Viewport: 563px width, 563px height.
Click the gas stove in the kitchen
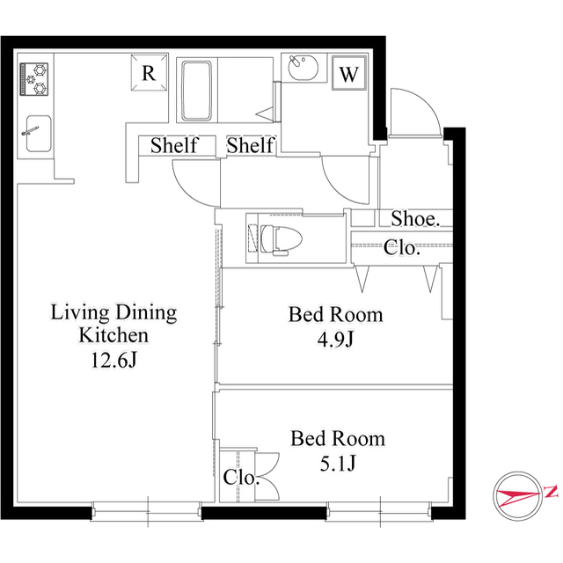pos(34,78)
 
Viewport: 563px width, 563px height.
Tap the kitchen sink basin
pos(39,134)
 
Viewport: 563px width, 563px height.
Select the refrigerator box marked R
pos(149,72)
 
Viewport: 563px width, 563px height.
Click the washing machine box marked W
pos(348,73)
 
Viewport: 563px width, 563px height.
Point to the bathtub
pos(196,91)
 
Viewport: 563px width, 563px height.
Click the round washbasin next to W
pos(303,68)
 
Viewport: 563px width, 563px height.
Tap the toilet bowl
pos(281,239)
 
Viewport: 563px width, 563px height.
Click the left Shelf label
pos(174,145)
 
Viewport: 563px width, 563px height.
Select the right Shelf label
pos(250,145)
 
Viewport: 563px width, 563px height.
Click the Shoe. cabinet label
pos(415,218)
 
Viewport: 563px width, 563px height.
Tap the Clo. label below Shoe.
pos(402,247)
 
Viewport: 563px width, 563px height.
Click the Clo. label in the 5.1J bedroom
pos(241,477)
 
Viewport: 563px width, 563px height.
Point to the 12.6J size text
pos(113,360)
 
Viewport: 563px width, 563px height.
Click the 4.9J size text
pos(336,339)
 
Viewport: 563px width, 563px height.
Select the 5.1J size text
pos(338,464)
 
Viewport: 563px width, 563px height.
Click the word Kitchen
pos(113,335)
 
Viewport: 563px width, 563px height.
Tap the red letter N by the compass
pos(552,491)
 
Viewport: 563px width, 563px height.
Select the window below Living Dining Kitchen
pos(147,511)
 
